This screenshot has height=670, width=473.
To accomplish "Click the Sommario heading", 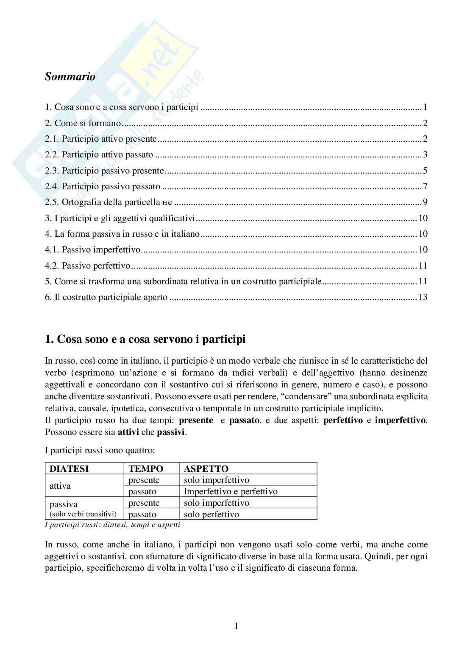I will pos(70,77).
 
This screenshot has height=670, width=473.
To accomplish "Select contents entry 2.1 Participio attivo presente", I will pos(101,139).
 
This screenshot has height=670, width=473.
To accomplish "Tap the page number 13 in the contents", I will pos(423,297).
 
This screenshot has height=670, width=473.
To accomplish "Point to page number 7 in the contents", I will pos(425,186).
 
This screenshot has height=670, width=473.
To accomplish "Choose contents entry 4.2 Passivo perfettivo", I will pos(88,266).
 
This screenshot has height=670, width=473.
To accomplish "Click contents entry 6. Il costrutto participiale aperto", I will pos(106,297).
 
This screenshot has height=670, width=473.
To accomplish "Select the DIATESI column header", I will pos(69,469).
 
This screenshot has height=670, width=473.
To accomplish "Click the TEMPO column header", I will pos(146,469).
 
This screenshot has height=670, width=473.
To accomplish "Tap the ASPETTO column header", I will pos(206,469).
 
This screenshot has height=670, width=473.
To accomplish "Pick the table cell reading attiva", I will pos(60,486).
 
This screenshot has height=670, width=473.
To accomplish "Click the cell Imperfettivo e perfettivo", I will pos(231,492).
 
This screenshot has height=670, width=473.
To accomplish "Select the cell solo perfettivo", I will pos(211,514).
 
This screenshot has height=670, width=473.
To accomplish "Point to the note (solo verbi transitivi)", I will pos(83,514).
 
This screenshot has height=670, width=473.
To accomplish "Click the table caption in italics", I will pos(112,524).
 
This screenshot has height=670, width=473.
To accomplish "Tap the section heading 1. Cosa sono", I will pos(145,340).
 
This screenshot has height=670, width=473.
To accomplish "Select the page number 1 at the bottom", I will pos(236,626).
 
